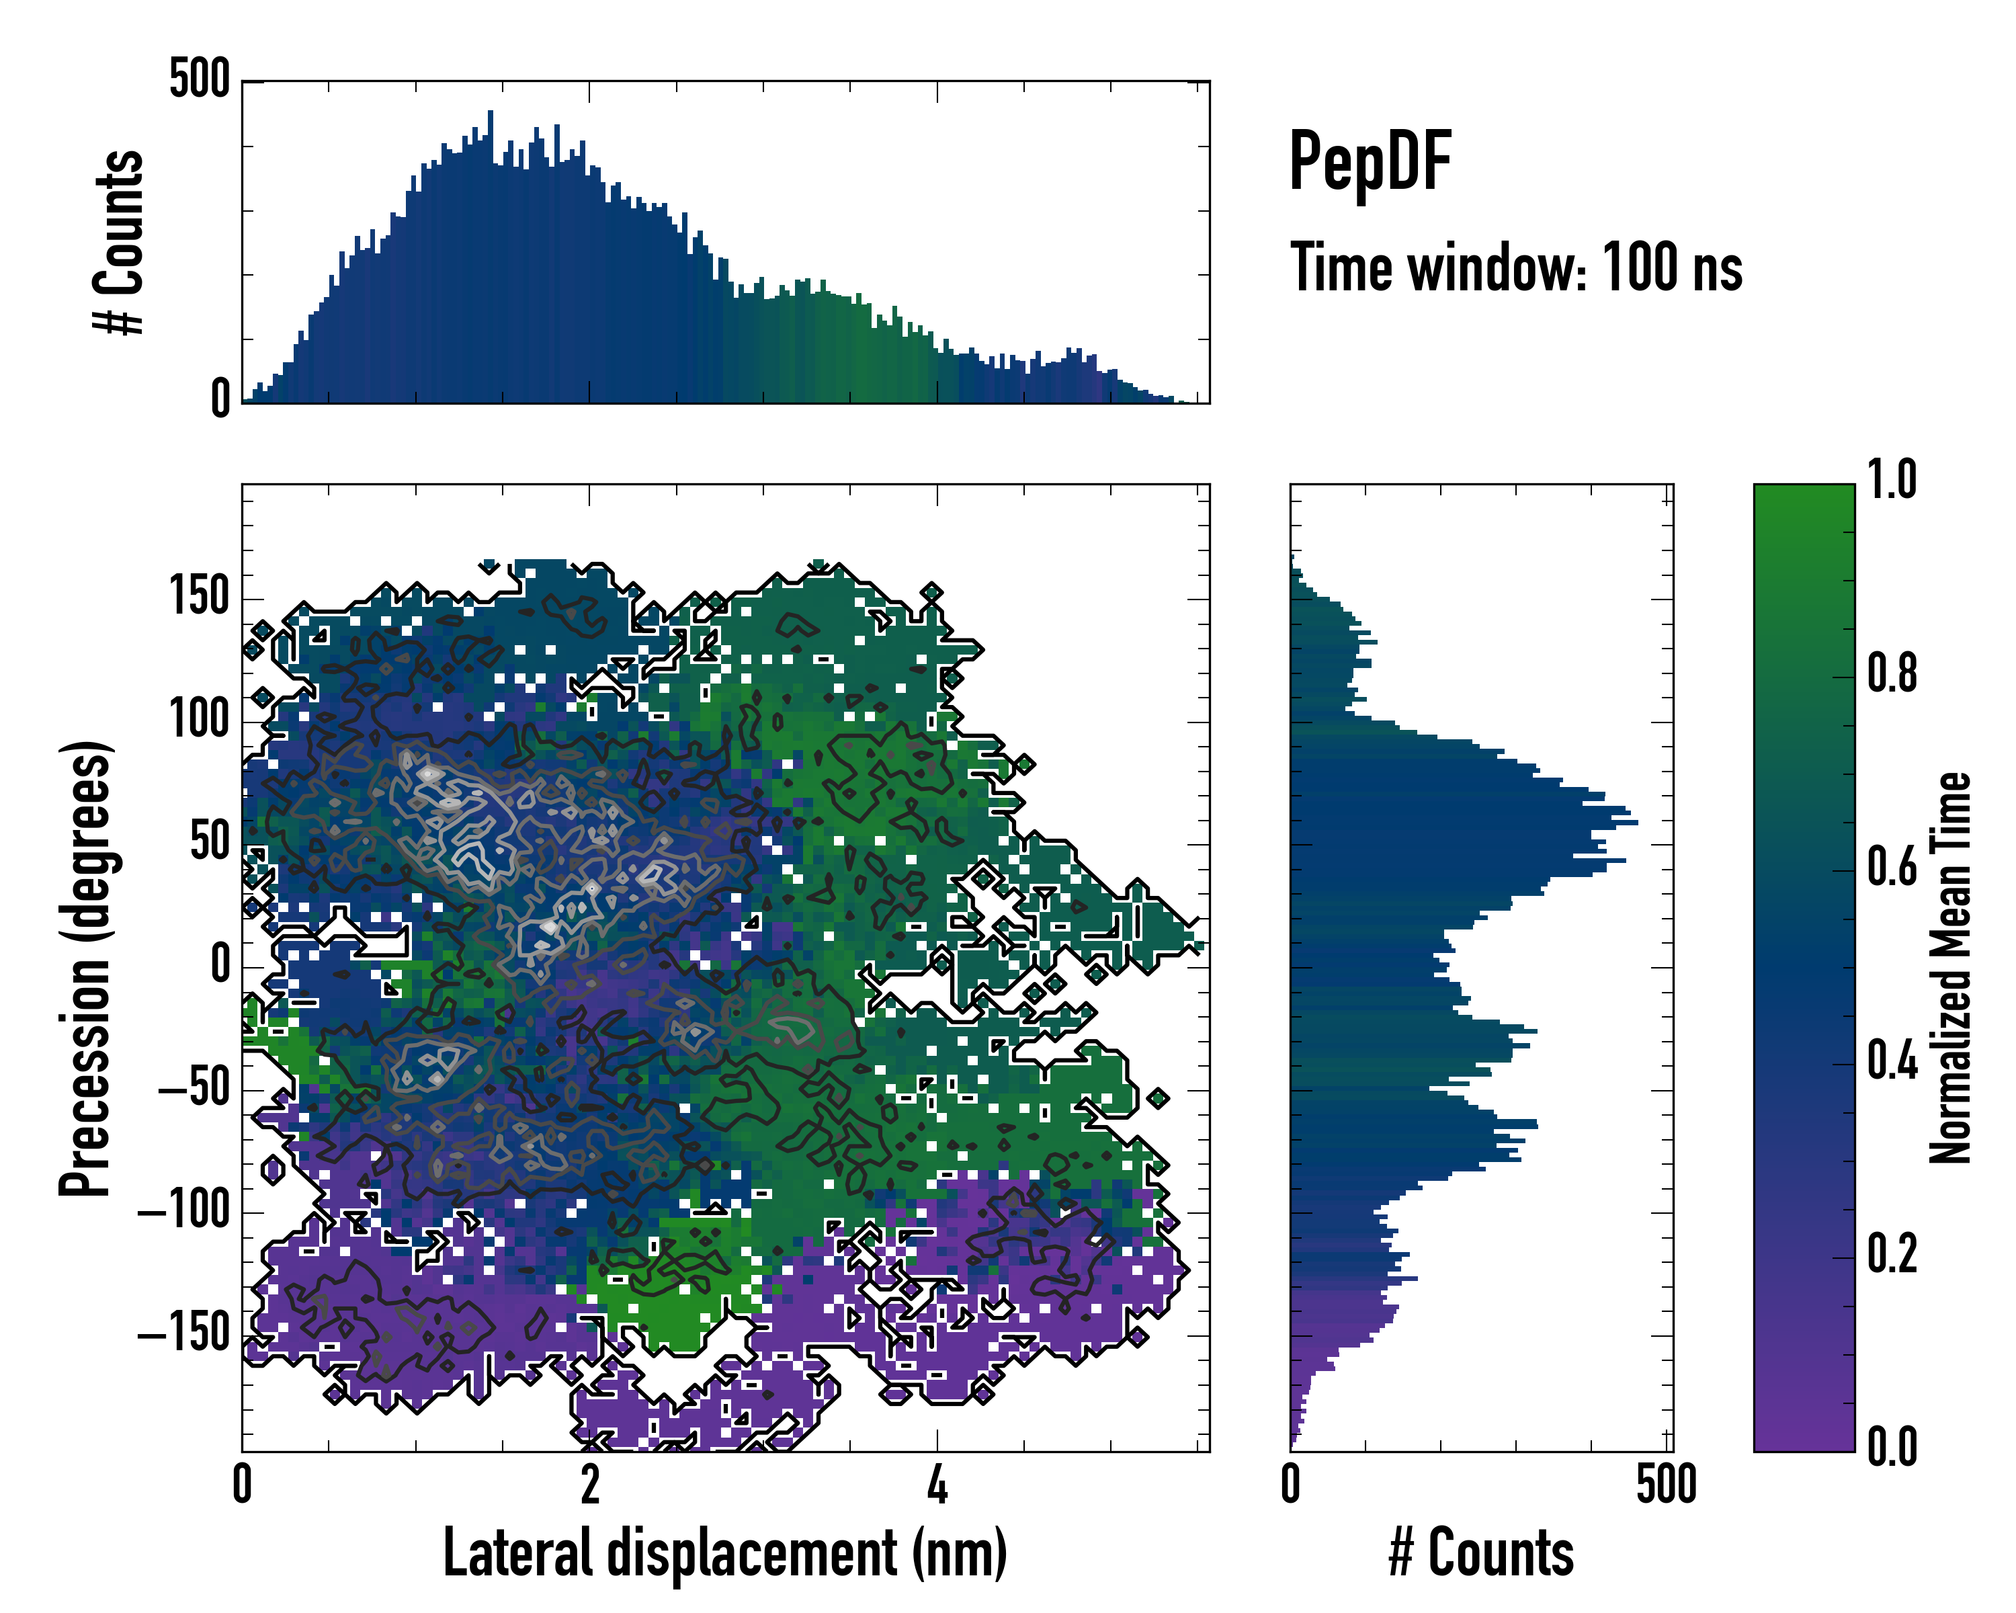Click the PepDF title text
coord(1370,163)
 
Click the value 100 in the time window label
coord(1643,268)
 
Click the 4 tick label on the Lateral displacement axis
coord(937,1485)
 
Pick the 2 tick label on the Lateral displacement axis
coord(589,1485)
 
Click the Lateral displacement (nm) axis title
coord(724,1553)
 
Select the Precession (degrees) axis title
coord(86,968)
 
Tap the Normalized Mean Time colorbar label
coord(1951,968)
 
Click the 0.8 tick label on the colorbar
coord(1892,674)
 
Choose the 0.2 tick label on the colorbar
coord(1892,1254)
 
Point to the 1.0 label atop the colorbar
coord(1892,481)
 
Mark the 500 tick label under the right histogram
coord(1667,1485)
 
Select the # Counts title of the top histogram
coord(120,241)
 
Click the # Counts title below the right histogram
coord(1481,1553)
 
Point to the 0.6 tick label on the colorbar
coord(1892,868)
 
